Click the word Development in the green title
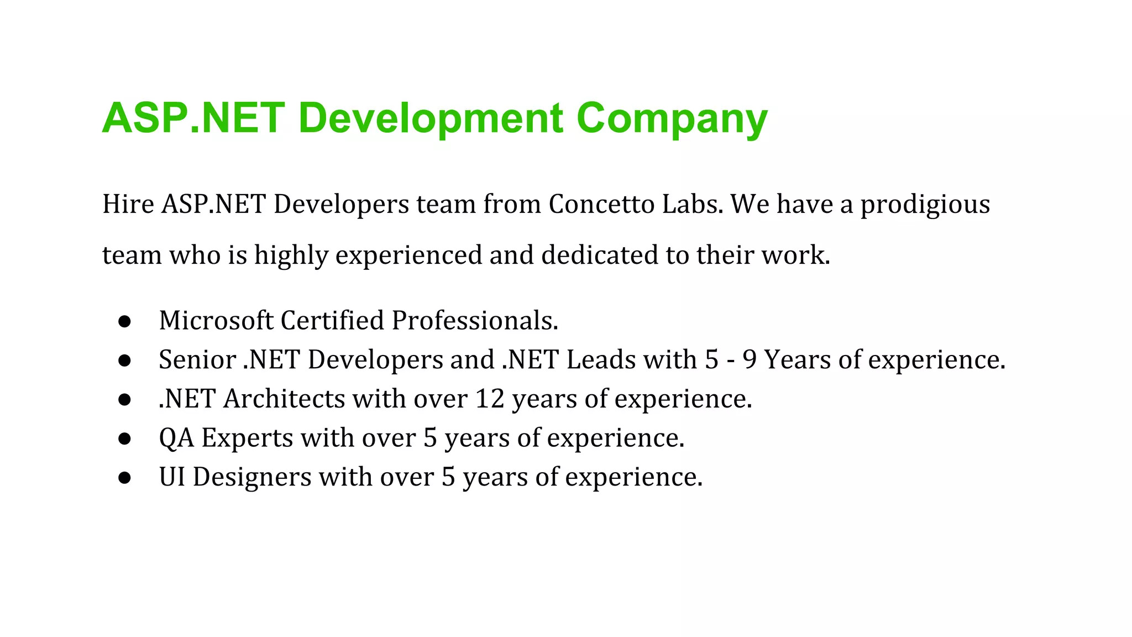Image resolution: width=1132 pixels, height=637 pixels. (431, 118)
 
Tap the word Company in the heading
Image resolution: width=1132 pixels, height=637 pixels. (672, 118)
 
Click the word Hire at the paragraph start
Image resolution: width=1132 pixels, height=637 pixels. (128, 204)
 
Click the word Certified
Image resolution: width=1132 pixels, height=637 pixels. (332, 320)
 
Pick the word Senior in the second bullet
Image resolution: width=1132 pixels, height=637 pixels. (197, 359)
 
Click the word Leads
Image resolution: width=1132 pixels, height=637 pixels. (601, 359)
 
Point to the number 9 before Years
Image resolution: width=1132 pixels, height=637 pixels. (750, 359)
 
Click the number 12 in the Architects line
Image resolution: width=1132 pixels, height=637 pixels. (490, 399)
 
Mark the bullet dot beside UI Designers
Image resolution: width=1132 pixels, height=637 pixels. (124, 478)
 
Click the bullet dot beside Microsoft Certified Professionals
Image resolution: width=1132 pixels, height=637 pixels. (124, 321)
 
